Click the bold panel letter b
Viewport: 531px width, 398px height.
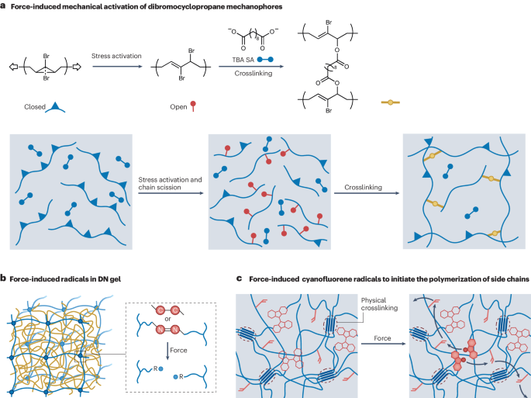4,276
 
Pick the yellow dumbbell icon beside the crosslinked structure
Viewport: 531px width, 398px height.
394,101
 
